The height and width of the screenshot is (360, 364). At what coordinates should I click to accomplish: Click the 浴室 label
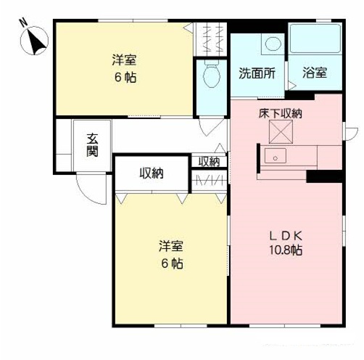click(315, 73)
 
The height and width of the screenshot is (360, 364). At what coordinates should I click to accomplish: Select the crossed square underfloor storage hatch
click(280, 131)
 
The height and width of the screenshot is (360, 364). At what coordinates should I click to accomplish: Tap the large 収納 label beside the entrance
click(152, 173)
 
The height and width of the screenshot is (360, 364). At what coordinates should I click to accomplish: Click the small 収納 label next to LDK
click(209, 161)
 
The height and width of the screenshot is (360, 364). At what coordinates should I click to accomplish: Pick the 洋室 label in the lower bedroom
click(171, 246)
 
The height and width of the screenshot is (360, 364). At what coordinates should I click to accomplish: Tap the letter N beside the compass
click(22, 22)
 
